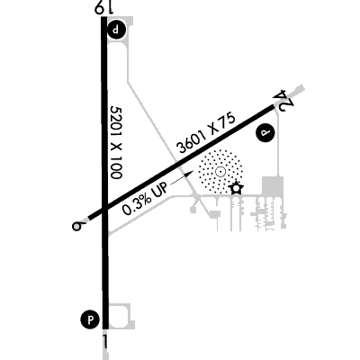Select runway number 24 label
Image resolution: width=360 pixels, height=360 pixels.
coord(283,100)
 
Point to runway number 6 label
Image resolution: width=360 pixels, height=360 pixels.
coord(77,226)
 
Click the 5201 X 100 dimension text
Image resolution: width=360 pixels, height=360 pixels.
coord(116,142)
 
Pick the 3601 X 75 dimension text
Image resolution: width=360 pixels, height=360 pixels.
coord(206,133)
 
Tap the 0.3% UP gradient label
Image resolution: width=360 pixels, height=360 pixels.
coord(144,201)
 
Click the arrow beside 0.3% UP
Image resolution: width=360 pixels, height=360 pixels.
coord(182,176)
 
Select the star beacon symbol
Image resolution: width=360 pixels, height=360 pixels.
coord(236,188)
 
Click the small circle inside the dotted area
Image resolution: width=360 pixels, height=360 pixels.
coord(220,172)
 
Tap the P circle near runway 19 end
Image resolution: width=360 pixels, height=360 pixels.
coord(116,30)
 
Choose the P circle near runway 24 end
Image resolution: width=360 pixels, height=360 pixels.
coord(265,132)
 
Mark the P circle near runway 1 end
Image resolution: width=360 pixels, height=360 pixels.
coord(90,319)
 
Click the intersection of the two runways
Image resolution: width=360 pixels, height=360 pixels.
coord(104,210)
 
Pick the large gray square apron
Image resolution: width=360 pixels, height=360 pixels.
coord(273,186)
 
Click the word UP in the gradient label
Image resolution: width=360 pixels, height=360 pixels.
coord(160,191)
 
